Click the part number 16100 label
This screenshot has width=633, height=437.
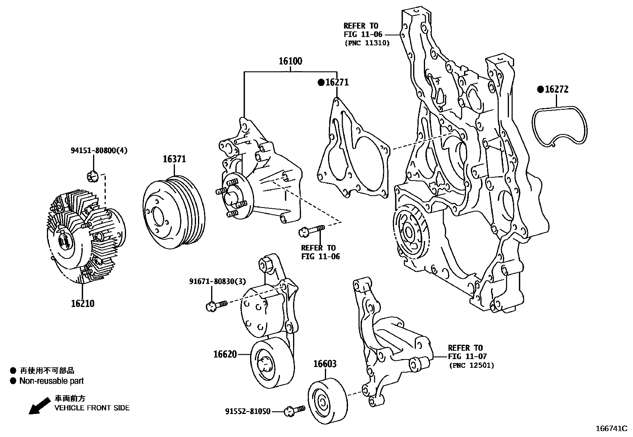[290, 61]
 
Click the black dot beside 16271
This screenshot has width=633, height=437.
[320, 83]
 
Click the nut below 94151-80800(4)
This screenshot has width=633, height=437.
[93, 175]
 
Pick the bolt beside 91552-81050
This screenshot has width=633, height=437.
[295, 410]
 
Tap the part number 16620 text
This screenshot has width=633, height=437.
[225, 354]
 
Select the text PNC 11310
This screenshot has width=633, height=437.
[367, 43]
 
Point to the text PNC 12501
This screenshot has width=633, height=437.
[472, 365]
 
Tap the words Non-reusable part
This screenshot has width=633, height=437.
[52, 381]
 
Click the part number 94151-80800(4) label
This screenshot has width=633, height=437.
[99, 150]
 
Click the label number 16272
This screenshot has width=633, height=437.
[556, 89]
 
